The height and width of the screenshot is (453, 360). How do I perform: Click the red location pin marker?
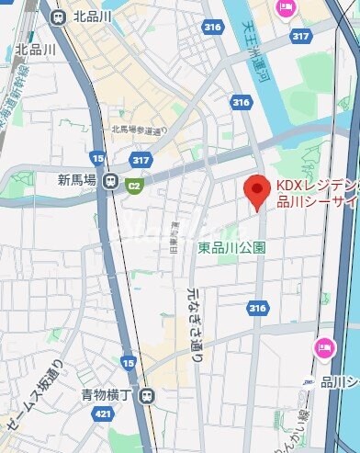(256, 190)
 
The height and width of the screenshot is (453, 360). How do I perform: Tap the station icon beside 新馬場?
(110, 182)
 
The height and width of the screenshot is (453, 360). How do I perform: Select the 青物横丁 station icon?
(149, 396)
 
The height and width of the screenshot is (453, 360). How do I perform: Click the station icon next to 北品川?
(60, 16)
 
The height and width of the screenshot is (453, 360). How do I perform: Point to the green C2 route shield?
(135, 187)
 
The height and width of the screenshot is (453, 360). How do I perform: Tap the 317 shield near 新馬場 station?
(140, 159)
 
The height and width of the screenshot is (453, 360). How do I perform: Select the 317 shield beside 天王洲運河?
(299, 36)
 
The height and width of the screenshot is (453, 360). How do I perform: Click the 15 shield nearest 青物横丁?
(127, 364)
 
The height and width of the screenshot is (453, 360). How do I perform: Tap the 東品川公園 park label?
(232, 247)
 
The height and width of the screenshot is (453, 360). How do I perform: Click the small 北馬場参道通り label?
(135, 130)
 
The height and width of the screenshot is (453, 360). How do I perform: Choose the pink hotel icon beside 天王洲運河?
(285, 8)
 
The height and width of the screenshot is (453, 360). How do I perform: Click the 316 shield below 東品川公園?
(258, 309)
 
